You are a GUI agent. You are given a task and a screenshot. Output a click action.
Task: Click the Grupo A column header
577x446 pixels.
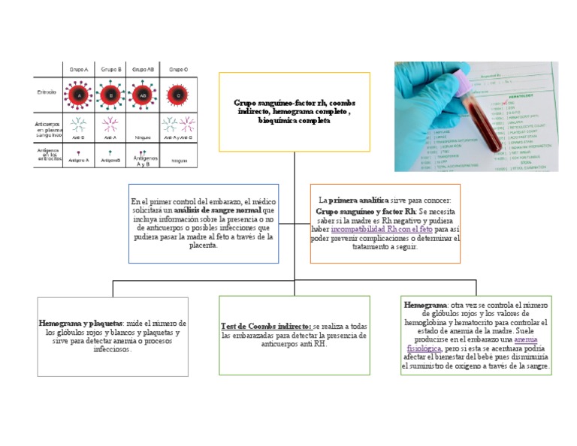coord(79,69)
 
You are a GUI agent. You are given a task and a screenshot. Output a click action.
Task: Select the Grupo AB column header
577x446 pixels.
coord(143,69)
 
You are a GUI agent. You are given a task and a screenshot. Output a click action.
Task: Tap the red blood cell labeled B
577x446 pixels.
coord(110,95)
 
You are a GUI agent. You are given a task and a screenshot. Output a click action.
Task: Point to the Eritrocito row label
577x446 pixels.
coord(47,92)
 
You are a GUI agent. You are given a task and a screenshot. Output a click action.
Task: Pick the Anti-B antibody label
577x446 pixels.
coord(78,137)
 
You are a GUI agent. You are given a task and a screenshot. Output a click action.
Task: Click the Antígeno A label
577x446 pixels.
coord(78,160)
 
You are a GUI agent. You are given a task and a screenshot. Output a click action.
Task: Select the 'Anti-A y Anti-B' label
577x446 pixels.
coord(179,137)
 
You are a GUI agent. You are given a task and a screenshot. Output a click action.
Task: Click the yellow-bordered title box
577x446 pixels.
coord(295,111)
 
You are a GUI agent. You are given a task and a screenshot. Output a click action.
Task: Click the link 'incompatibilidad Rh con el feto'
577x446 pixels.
coord(382,228)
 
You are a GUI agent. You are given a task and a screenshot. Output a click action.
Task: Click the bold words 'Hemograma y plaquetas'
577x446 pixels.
coord(81,323)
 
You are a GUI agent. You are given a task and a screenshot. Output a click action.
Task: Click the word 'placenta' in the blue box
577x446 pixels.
coord(203,246)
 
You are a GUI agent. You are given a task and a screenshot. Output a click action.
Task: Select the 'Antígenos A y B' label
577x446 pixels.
coord(145,161)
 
